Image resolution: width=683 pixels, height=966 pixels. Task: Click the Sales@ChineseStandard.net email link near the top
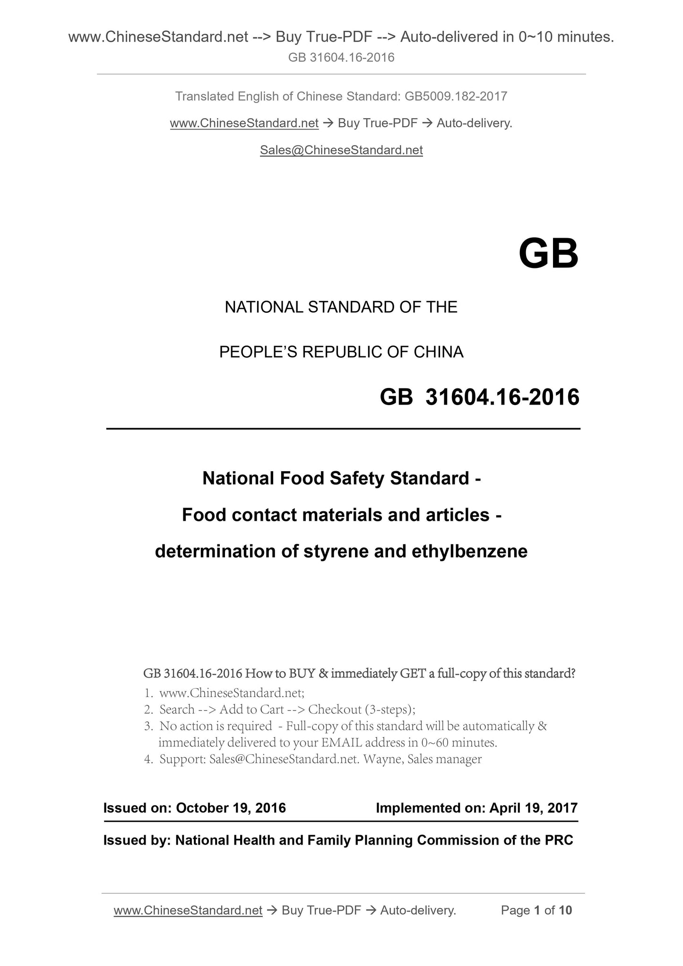tap(341, 150)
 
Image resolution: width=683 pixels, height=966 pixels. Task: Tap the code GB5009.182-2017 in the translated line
tap(456, 96)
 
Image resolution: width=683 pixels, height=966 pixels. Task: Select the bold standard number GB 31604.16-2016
tap(479, 397)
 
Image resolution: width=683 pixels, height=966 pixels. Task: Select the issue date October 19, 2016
tap(231, 808)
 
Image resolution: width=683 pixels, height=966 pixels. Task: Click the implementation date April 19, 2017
tap(534, 808)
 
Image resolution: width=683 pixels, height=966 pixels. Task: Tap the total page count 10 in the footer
tap(565, 910)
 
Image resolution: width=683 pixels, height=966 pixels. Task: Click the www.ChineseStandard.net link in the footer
tap(188, 910)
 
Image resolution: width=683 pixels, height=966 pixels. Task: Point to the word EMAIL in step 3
tap(339, 742)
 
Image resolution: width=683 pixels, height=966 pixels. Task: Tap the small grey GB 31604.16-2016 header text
tap(341, 58)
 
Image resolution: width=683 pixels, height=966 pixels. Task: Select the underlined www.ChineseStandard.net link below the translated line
tap(244, 123)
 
